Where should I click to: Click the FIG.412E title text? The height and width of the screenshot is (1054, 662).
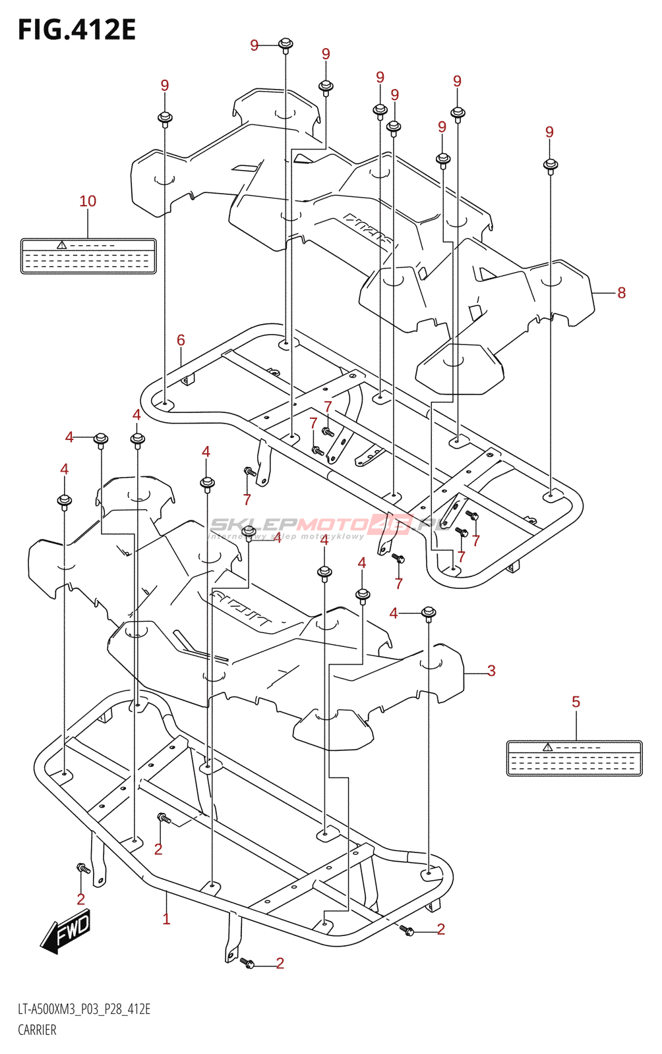tap(77, 30)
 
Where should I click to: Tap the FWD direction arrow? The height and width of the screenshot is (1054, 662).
tap(67, 931)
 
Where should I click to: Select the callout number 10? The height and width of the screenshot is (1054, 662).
tap(88, 201)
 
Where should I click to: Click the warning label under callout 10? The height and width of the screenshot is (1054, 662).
tap(88, 256)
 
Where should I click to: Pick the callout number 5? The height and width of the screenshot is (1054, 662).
tap(576, 702)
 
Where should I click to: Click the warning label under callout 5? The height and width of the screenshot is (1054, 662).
tap(574, 758)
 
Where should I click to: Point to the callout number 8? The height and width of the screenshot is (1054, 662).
tap(621, 292)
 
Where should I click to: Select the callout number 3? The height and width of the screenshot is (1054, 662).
tap(491, 671)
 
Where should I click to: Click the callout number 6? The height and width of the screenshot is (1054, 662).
tap(181, 340)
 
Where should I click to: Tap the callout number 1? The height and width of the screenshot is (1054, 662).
tap(166, 918)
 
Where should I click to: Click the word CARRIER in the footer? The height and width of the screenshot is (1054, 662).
tap(37, 1030)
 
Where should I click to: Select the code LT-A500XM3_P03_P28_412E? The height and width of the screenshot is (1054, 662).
tap(84, 1009)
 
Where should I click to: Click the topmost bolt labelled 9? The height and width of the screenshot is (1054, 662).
tap(286, 45)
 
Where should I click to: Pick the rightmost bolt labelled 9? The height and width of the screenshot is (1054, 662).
tap(551, 165)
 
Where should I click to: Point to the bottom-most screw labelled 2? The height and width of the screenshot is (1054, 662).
tap(247, 962)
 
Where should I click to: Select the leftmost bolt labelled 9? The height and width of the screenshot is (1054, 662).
tap(165, 119)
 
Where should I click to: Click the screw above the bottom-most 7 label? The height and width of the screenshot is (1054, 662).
tap(398, 559)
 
